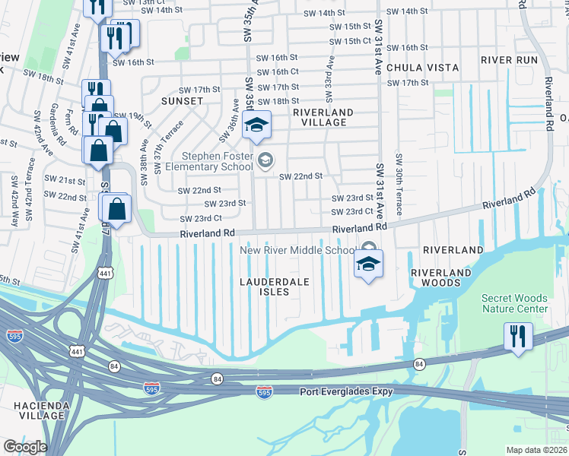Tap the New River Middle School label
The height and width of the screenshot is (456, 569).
tap(297, 251)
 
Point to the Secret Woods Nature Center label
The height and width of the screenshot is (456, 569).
tap(513, 303)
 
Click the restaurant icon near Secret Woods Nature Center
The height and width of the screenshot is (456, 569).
tap(518, 336)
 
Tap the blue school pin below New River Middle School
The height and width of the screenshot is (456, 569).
tap(368, 264)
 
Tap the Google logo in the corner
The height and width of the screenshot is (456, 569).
tap(25, 446)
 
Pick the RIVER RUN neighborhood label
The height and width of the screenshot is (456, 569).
tap(509, 60)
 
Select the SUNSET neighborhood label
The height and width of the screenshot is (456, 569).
tap(182, 101)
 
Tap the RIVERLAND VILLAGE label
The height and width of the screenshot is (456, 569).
tap(323, 117)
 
